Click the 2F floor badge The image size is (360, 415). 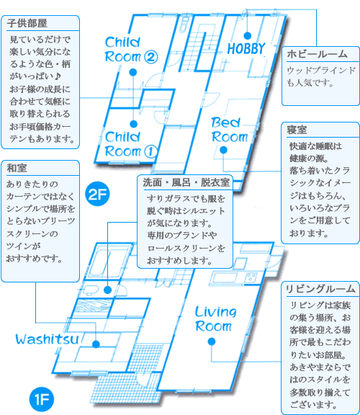(x=97, y=194)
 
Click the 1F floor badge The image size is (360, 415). (x=42, y=399)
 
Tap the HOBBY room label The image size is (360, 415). (x=246, y=48)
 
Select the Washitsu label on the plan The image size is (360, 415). (x=47, y=339)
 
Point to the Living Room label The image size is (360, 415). (x=215, y=319)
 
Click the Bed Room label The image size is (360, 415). (x=230, y=130)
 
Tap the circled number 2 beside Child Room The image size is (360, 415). (x=151, y=57)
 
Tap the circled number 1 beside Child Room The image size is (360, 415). (x=150, y=151)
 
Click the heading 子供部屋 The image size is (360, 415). (x=27, y=23)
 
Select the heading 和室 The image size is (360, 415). (x=17, y=168)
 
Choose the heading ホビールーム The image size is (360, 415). (x=317, y=54)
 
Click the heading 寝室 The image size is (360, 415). (x=297, y=130)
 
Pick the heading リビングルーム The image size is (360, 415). (x=320, y=289)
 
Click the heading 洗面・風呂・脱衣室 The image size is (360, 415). (x=186, y=182)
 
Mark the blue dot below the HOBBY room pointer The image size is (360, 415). (x=247, y=35)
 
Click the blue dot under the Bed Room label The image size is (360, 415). (x=223, y=150)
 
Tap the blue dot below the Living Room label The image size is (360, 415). (x=212, y=342)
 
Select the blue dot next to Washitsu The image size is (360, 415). (x=96, y=344)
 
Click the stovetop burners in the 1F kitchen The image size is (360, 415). (x=251, y=278)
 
